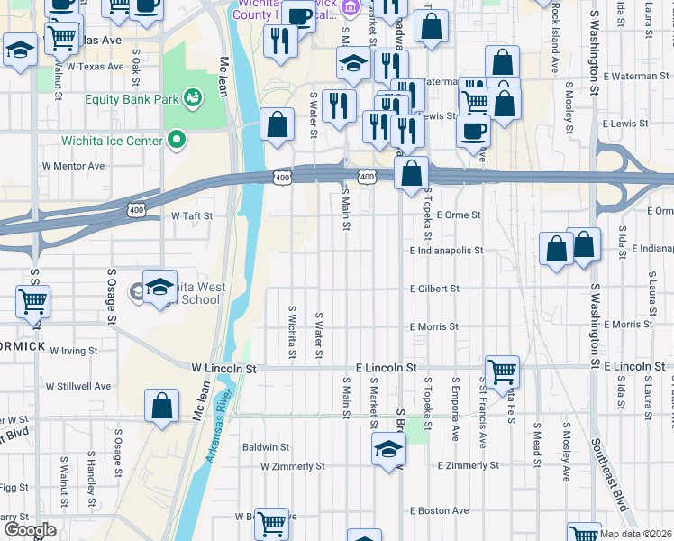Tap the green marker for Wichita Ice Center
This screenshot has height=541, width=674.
click(x=177, y=140)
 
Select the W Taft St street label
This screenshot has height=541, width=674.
click(x=192, y=216)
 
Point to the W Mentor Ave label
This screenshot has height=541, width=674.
click(x=73, y=166)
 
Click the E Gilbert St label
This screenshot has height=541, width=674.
click(x=434, y=289)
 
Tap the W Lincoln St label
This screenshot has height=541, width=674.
click(x=224, y=369)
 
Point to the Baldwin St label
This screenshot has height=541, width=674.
click(x=265, y=446)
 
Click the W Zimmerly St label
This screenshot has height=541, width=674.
click(x=292, y=466)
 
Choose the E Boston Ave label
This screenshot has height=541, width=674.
click(x=439, y=510)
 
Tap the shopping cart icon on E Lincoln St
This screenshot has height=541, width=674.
click(x=502, y=370)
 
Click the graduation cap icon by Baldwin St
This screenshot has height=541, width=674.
click(x=388, y=449)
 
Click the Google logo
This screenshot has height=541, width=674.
click(x=30, y=530)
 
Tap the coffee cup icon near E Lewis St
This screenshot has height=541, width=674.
click(x=472, y=131)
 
